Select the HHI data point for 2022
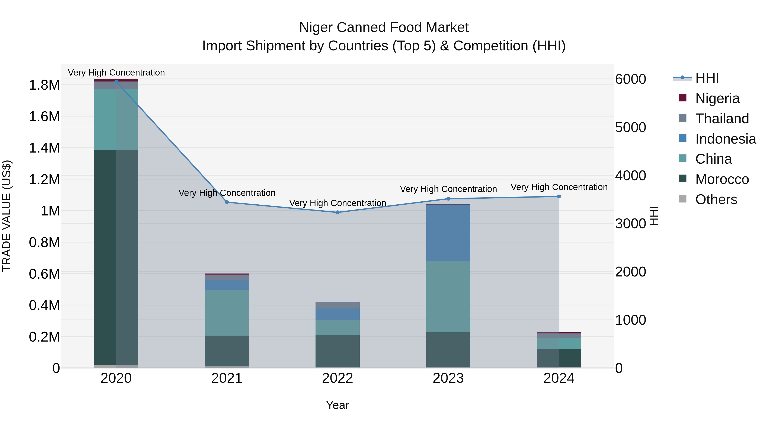tap(337, 212)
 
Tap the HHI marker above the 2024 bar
tap(559, 196)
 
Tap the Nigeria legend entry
tap(717, 98)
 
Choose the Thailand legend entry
tap(722, 119)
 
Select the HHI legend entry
tap(707, 78)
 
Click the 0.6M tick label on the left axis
tap(44, 274)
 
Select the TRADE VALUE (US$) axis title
tap(7, 216)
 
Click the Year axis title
tap(337, 405)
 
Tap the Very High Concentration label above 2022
tap(337, 203)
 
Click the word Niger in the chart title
tap(316, 28)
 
